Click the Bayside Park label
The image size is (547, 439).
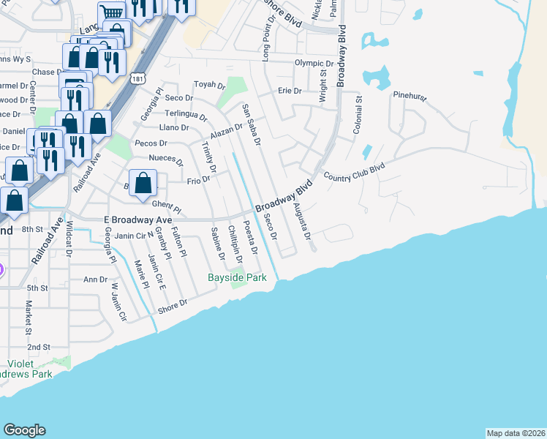pyautogui.click(x=237, y=277)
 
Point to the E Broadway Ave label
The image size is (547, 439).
pyautogui.click(x=137, y=219)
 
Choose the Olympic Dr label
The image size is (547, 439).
pyautogui.click(x=314, y=63)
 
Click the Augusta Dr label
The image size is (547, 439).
pyautogui.click(x=302, y=222)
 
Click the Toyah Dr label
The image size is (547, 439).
pyautogui.click(x=209, y=85)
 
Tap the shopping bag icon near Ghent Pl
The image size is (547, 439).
pyautogui.click(x=144, y=184)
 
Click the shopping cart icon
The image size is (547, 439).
pyautogui.click(x=112, y=12)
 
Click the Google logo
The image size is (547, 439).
pyautogui.click(x=24, y=430)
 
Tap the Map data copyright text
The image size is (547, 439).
pyautogui.click(x=516, y=433)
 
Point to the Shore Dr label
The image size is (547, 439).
pyautogui.click(x=174, y=303)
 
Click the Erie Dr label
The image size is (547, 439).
pyautogui.click(x=290, y=91)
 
